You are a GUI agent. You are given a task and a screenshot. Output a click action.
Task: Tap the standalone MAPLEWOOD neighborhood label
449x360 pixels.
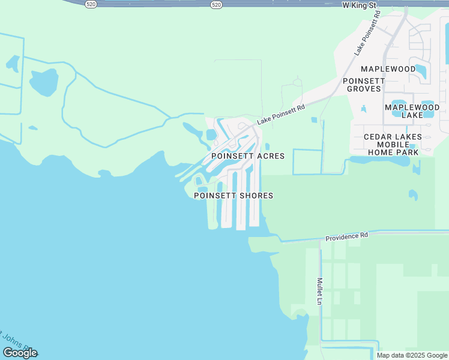pyautogui.click(x=388, y=69)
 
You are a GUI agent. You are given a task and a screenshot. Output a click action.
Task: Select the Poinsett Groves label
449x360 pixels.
pyautogui.click(x=362, y=85)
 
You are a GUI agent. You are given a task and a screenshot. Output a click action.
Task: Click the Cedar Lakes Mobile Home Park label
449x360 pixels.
pyautogui.click(x=393, y=145)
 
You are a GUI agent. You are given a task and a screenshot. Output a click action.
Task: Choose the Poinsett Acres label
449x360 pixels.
pyautogui.click(x=248, y=155)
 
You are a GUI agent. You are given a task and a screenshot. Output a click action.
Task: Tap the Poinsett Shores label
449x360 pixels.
pyautogui.click(x=234, y=196)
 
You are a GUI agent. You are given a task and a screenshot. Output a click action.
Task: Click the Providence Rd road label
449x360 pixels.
pyautogui.click(x=346, y=237)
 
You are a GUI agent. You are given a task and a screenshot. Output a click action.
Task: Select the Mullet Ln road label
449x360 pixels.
pyautogui.click(x=319, y=290)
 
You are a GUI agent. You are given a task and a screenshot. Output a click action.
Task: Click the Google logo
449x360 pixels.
pyautogui.click(x=20, y=353)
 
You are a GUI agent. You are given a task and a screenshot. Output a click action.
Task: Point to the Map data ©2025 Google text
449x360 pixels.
pyautogui.click(x=412, y=355)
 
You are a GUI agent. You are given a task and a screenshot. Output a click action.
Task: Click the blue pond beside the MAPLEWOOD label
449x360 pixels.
pyautogui.click(x=421, y=71)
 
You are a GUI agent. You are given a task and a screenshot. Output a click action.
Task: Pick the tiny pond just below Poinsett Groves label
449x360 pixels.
pyautogui.click(x=363, y=109)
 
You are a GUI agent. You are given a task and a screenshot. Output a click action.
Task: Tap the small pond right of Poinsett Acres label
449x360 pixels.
pyautogui.click(x=267, y=146)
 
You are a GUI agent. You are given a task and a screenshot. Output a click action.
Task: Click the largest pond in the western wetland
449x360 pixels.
pyautogui.click(x=44, y=82)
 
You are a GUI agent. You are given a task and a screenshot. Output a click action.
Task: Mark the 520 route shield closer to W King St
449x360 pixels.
pyautogui.click(x=215, y=4)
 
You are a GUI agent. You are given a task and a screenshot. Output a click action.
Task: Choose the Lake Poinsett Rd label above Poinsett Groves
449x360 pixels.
pyautogui.click(x=367, y=37)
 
